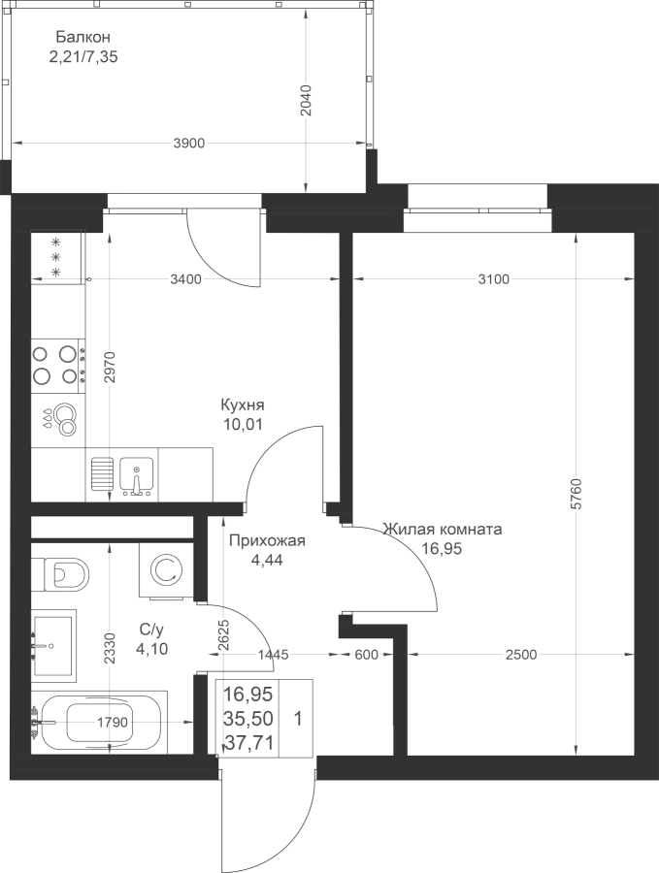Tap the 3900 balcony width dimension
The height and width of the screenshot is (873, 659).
pos(188,144)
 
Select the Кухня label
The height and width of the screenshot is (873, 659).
pos(243,405)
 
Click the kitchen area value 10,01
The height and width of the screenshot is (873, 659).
pos(243,423)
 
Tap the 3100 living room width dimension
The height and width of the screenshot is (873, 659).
pos(493,279)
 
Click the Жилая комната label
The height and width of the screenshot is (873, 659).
pos(442,531)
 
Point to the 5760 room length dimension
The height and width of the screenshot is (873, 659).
pos(577,495)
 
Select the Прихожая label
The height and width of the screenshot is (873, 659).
pos(266,541)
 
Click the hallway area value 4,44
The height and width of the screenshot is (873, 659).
pos(266,559)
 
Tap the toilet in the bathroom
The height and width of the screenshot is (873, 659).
pos(64,573)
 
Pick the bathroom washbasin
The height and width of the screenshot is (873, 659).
pos(54,644)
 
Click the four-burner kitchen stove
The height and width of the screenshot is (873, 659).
pos(55,364)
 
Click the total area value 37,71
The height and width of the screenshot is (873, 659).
pos(248,743)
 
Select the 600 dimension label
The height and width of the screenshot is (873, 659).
pos(365,656)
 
